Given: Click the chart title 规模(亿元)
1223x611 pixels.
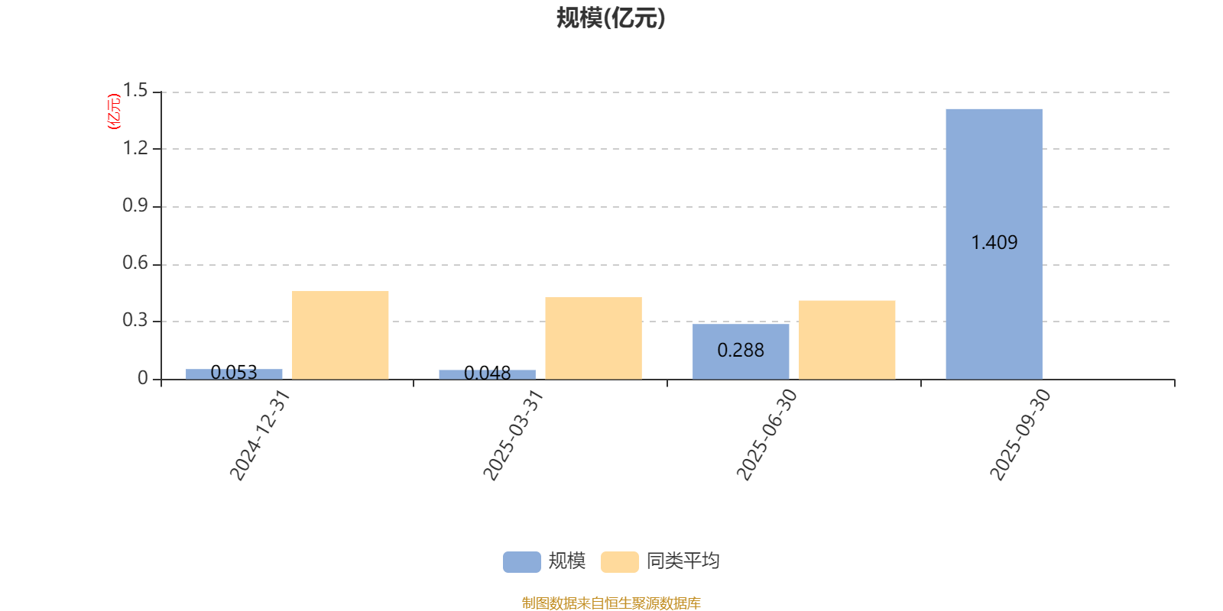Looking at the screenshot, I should point(611,18).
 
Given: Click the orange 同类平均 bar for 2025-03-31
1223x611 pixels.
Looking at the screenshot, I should point(593,338).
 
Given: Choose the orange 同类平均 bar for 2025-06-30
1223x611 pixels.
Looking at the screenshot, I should point(847,339).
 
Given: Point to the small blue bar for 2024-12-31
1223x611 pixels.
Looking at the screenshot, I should point(234,374).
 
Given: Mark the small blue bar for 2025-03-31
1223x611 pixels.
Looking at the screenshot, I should point(487,374).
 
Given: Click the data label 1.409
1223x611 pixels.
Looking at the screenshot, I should point(994,243).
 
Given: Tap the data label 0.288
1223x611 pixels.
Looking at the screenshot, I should point(741,351).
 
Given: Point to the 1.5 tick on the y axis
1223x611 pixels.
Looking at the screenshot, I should point(136,91).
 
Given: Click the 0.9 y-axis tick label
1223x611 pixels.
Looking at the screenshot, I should point(136,205).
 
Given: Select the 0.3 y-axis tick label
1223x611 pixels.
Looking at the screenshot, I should point(136,321).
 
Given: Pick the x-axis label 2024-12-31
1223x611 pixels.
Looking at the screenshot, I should point(260,435).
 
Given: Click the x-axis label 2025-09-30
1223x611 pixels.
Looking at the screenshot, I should point(1020,435).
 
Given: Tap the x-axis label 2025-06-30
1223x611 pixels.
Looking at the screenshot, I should point(766,435).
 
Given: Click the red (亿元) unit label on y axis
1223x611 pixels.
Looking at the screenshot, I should point(114,112).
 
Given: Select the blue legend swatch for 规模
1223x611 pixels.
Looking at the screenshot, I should point(521,561).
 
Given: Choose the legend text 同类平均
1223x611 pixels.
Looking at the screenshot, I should point(683,561).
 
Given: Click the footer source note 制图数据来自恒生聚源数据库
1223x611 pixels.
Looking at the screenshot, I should point(611,603).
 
